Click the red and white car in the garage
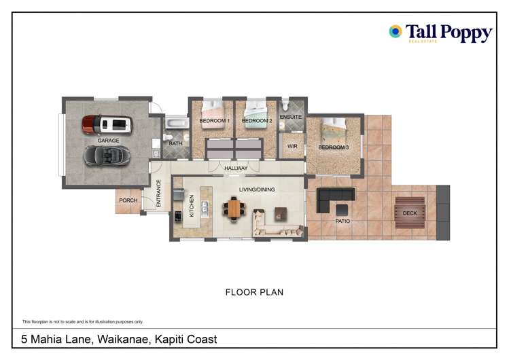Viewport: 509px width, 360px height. (x=107, y=124)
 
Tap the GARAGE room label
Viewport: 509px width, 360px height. (x=108, y=141)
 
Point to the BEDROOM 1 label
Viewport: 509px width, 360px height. (x=214, y=121)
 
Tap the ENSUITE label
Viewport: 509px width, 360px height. (x=290, y=117)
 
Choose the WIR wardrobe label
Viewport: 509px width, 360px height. (x=292, y=146)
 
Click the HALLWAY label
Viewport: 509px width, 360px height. (x=236, y=168)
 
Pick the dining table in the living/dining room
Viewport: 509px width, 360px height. (x=234, y=209)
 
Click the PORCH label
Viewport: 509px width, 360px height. (x=128, y=200)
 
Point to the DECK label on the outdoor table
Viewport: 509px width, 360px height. (x=410, y=213)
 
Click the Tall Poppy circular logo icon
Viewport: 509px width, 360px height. (x=395, y=31)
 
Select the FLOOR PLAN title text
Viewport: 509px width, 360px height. (x=254, y=293)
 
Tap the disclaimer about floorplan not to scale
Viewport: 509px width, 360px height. (x=82, y=321)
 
